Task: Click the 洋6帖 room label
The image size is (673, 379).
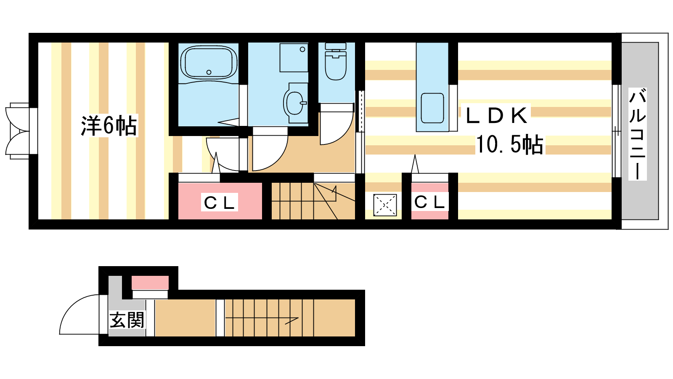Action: pyautogui.click(x=109, y=125)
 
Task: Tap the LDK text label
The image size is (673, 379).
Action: pyautogui.click(x=496, y=115)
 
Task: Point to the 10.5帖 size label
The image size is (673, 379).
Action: pyautogui.click(x=510, y=145)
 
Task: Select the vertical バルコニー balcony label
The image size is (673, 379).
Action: pyautogui.click(x=637, y=134)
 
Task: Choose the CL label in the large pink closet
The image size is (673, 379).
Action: pyautogui.click(x=219, y=203)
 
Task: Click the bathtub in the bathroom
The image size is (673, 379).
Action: pyautogui.click(x=209, y=63)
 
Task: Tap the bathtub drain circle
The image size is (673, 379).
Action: pyautogui.click(x=209, y=72)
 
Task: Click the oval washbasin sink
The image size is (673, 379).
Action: pyautogui.click(x=295, y=103)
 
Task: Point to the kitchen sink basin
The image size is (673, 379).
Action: pyautogui.click(x=432, y=108)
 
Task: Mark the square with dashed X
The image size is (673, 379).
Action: pyautogui.click(x=385, y=205)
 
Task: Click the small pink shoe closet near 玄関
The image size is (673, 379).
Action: pyautogui.click(x=150, y=283)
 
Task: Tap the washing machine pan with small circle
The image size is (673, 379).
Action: pyautogui.click(x=294, y=58)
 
